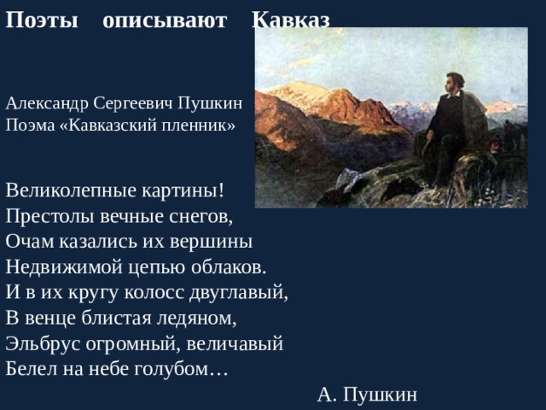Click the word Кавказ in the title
tap(291, 20)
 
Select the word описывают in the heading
tap(165, 20)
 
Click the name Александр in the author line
tap(47, 104)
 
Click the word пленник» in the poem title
tap(206, 124)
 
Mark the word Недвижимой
tap(59, 266)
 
